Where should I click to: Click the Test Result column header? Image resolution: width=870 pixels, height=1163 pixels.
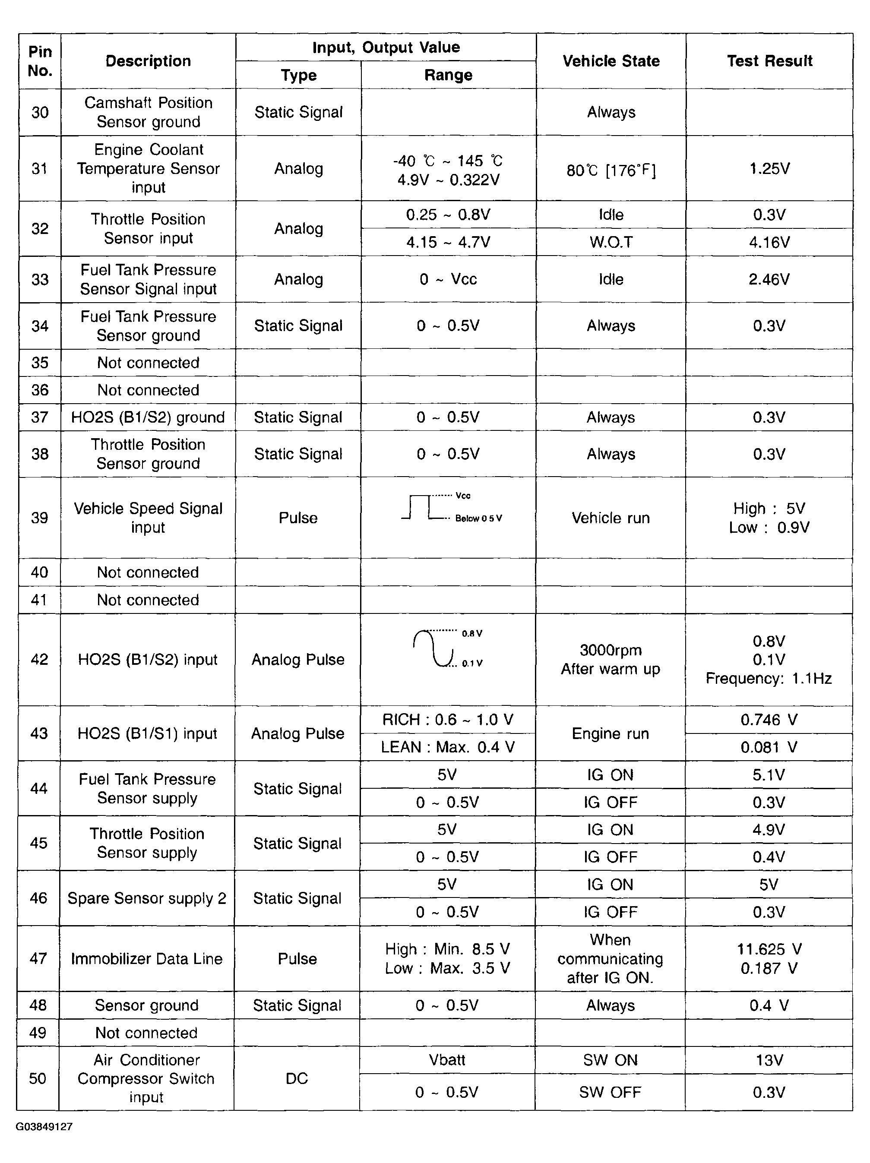click(x=769, y=61)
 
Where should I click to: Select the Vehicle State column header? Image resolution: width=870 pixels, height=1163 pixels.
click(x=611, y=61)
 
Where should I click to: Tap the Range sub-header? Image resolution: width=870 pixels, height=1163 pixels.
click(x=448, y=75)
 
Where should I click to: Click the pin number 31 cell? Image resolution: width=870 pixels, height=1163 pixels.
click(x=39, y=168)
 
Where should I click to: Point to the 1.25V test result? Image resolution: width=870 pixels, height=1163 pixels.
click(x=769, y=168)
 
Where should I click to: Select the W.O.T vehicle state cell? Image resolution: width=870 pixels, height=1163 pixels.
click(x=611, y=242)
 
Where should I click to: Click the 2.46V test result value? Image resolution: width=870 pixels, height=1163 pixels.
click(x=769, y=279)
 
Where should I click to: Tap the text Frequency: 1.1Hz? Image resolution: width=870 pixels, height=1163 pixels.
click(x=769, y=678)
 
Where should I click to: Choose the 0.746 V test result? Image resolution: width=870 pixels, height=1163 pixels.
click(x=769, y=719)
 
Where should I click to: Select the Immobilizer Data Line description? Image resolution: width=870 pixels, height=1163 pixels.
click(x=147, y=958)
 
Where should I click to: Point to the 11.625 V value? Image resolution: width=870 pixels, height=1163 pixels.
click(x=769, y=949)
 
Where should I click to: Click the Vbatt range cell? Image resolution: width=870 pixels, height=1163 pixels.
click(x=447, y=1059)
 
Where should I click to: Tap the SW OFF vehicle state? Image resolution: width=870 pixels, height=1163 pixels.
click(x=610, y=1092)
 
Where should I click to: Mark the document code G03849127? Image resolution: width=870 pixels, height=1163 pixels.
click(x=44, y=1127)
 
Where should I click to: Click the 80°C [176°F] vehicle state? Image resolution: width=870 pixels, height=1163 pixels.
click(x=611, y=171)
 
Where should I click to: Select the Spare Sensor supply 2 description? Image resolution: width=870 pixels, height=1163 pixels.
click(x=147, y=898)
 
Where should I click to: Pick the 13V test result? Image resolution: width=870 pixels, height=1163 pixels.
click(x=769, y=1059)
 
